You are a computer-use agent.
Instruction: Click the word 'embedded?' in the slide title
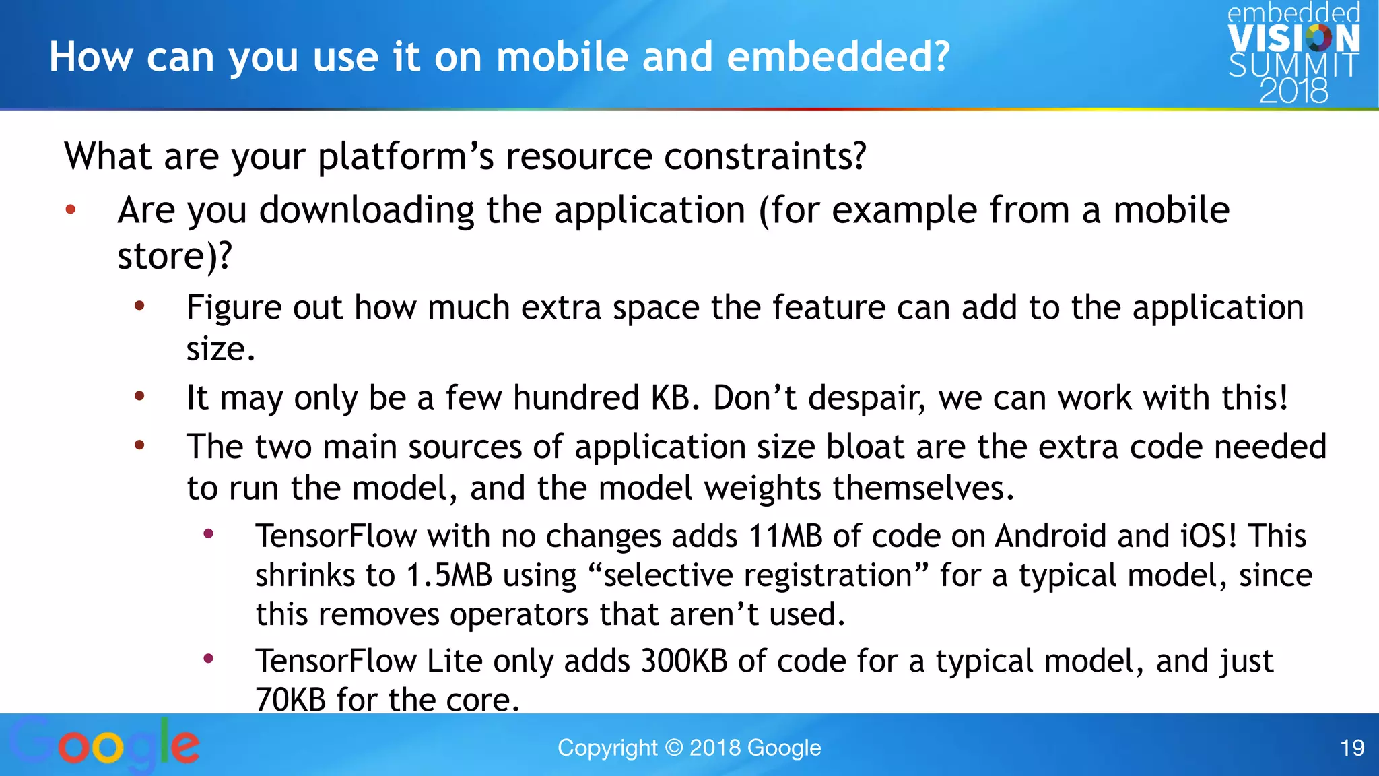click(838, 57)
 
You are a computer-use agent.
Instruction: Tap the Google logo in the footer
click(104, 744)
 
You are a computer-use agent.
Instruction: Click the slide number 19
click(1352, 748)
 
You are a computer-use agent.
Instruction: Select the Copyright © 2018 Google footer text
click(689, 748)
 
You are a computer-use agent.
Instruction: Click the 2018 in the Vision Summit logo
click(1293, 91)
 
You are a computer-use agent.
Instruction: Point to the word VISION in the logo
click(1293, 38)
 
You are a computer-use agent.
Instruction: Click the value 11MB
click(785, 537)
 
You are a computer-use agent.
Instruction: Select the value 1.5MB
click(449, 576)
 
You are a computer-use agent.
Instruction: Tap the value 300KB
click(683, 661)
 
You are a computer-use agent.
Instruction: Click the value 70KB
click(290, 700)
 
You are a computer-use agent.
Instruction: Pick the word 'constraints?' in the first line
click(765, 156)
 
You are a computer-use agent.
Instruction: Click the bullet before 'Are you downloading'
click(71, 210)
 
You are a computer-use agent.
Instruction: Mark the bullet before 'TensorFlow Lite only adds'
click(209, 658)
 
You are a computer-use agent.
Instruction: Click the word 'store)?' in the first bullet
click(174, 256)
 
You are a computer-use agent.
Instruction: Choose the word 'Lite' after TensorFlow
click(455, 661)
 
